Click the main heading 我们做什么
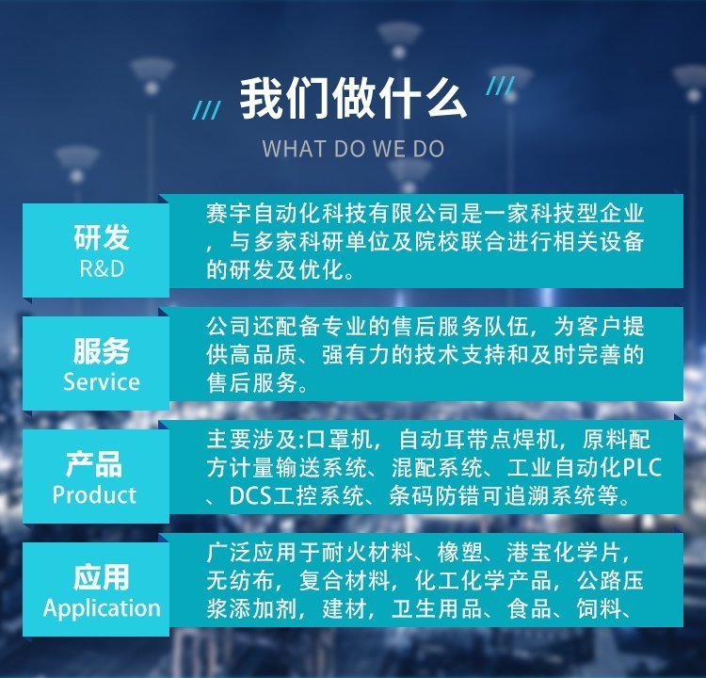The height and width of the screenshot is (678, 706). pyautogui.click(x=353, y=98)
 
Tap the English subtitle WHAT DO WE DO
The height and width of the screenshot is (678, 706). pyautogui.click(x=353, y=149)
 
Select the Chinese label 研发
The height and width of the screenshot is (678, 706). pyautogui.click(x=102, y=237)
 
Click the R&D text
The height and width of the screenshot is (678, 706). pyautogui.click(x=102, y=269)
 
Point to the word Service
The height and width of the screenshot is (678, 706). pyautogui.click(x=102, y=382)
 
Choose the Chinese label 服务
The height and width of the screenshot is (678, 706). pyautogui.click(x=102, y=350)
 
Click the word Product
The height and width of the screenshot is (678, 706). pyautogui.click(x=94, y=495)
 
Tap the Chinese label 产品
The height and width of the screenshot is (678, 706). pyautogui.click(x=94, y=464)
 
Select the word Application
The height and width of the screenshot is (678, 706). pyautogui.click(x=102, y=608)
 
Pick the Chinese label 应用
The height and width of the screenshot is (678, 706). pyautogui.click(x=102, y=577)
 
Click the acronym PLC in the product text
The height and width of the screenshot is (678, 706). pyautogui.click(x=643, y=468)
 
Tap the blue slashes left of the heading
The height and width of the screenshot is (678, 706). pyautogui.click(x=207, y=110)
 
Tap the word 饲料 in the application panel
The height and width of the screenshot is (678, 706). pyautogui.click(x=600, y=609)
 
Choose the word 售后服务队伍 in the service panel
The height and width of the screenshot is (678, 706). pyautogui.click(x=460, y=327)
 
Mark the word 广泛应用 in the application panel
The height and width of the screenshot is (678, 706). pyautogui.click(x=252, y=553)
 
